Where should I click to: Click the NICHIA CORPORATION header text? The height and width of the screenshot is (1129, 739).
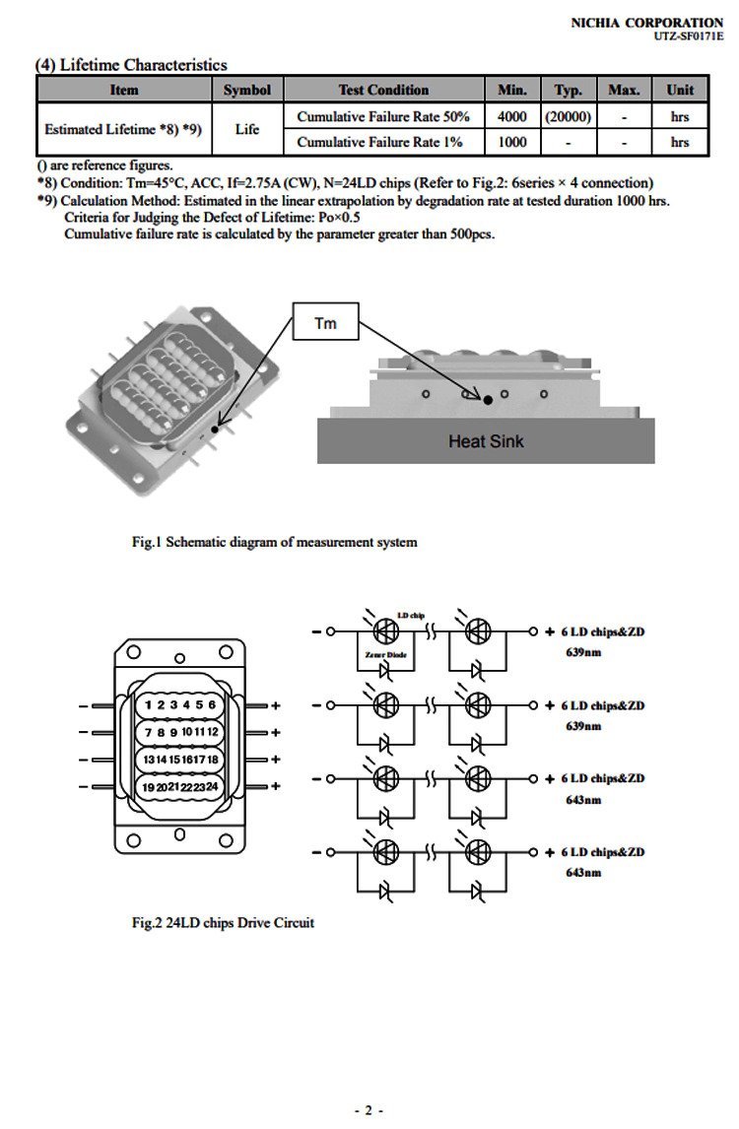tap(646, 22)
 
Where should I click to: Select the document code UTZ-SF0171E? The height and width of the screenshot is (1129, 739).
tap(689, 36)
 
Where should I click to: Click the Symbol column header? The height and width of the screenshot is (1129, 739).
tap(246, 90)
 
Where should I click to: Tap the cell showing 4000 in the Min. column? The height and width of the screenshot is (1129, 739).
tap(512, 116)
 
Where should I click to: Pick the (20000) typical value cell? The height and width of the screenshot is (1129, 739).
tap(568, 116)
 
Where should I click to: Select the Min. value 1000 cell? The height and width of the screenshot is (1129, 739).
tap(512, 142)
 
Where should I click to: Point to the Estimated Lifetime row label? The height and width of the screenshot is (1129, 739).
tap(123, 129)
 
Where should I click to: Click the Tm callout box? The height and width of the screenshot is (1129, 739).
tap(325, 323)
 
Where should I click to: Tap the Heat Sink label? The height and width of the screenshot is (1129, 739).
tap(486, 441)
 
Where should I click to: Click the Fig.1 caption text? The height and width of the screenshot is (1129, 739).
tap(275, 542)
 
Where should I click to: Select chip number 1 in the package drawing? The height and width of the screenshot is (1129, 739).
tap(148, 704)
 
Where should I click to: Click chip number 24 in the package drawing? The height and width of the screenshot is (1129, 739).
tap(211, 786)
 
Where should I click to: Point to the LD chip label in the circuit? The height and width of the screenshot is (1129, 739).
tap(410, 616)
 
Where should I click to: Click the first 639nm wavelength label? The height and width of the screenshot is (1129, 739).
tap(583, 652)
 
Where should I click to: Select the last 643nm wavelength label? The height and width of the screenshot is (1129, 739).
tap(583, 873)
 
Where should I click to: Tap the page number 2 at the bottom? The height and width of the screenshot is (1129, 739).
tap(369, 1110)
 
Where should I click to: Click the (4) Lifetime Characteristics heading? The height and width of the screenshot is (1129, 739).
tap(131, 65)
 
